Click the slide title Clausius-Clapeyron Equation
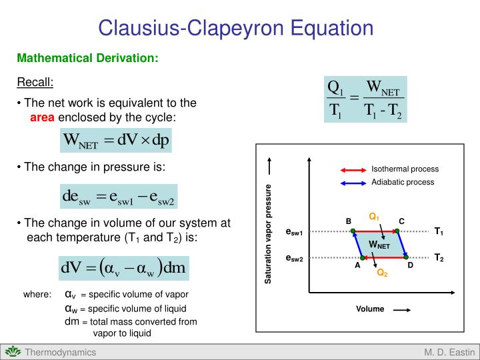(236, 28)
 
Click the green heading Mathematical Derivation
(87, 58)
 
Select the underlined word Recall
(35, 82)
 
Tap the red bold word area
(43, 117)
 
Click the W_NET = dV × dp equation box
(115, 141)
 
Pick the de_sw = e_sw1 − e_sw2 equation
(118, 197)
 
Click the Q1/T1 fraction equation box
(365, 99)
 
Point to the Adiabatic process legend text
(403, 182)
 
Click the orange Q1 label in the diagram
(374, 217)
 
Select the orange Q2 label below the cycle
(381, 272)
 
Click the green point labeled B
(353, 231)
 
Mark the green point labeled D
(406, 257)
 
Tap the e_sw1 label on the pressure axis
(294, 232)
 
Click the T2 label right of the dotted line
(439, 257)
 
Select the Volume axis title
(370, 309)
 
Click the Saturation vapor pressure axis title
(269, 233)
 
